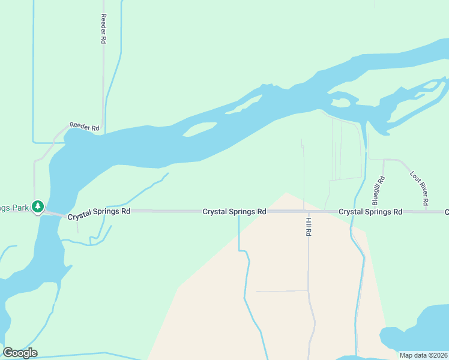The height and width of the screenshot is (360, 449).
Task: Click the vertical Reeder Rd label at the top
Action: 103,29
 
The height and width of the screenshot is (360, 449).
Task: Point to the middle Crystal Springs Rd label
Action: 234,212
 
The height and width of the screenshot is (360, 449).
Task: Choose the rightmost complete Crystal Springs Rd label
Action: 370,212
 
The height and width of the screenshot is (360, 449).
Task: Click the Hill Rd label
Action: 309,226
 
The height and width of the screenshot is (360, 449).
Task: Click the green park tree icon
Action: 38,207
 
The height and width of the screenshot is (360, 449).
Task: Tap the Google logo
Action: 20,353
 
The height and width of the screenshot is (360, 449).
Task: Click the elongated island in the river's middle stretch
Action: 199,128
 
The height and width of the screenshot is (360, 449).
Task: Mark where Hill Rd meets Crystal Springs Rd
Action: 309,212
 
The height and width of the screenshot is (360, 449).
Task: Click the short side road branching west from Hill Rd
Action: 282,291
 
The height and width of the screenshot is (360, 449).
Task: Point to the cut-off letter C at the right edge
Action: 447,212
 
